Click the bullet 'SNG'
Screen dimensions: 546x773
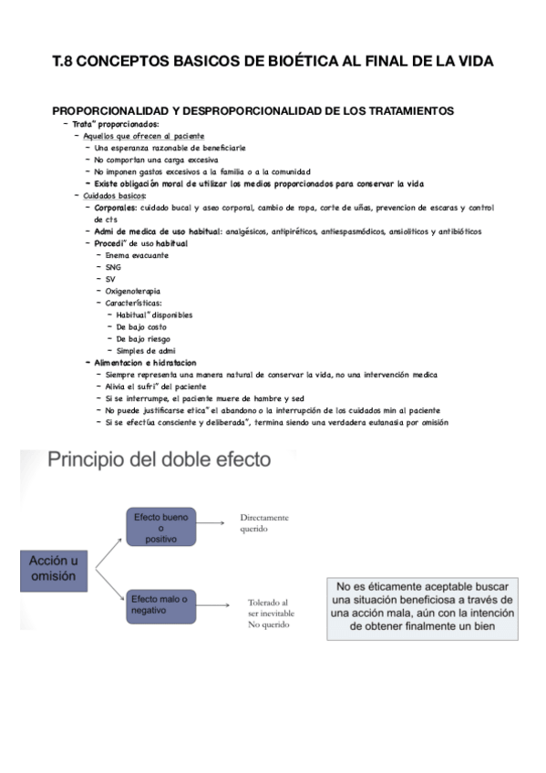113,267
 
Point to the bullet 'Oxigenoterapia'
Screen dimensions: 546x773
134,291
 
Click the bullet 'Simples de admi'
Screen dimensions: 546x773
147,350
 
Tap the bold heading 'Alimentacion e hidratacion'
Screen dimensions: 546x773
146,362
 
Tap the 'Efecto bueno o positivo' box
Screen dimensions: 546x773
160,528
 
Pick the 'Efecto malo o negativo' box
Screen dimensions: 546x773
160,605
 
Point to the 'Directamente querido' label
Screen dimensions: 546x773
264,522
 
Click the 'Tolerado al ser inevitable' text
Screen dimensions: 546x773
271,607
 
